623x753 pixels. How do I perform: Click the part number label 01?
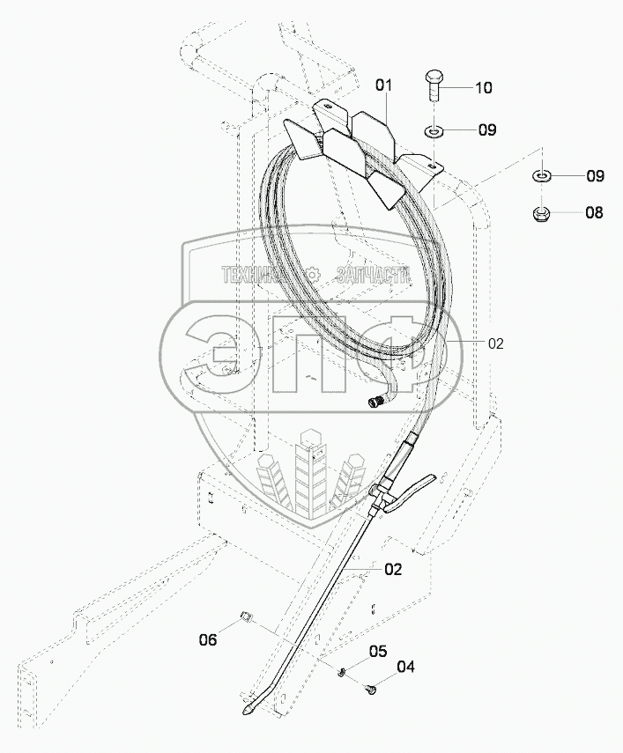[x=383, y=85]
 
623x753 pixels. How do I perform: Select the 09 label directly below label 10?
[x=487, y=130]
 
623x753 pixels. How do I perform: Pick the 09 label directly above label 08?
[x=595, y=176]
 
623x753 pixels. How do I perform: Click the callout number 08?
[x=595, y=212]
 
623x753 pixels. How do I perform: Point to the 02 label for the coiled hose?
[x=495, y=344]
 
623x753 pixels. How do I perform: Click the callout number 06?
[x=207, y=640]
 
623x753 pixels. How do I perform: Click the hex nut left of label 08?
[x=543, y=213]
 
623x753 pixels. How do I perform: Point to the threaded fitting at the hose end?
[x=375, y=402]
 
